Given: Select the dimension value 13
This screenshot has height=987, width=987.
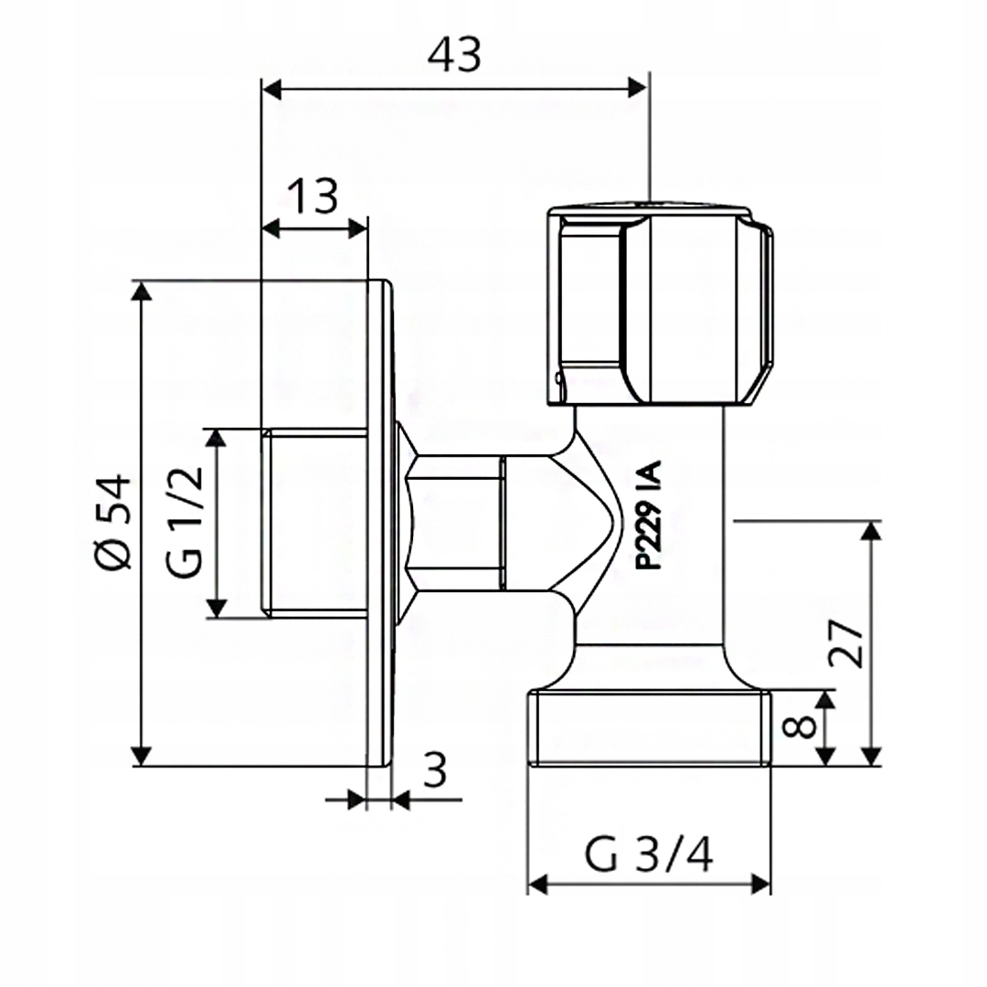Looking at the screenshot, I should [x=313, y=196].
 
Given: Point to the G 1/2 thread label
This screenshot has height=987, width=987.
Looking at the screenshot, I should [x=186, y=523].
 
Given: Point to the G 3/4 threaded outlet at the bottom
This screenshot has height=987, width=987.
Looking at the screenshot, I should [x=650, y=727].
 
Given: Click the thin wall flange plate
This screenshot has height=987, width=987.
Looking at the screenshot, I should [x=379, y=523].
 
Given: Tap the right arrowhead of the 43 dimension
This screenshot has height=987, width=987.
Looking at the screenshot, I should [x=637, y=88].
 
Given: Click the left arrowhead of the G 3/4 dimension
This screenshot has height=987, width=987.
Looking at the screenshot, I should [x=538, y=884].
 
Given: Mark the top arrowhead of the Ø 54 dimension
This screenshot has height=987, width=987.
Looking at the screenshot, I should [x=141, y=292].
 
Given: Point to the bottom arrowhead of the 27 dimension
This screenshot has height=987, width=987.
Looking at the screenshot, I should [x=872, y=755].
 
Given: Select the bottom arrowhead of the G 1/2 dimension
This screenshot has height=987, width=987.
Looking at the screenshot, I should [x=217, y=607].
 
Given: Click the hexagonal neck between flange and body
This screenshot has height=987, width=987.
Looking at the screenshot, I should [x=454, y=523].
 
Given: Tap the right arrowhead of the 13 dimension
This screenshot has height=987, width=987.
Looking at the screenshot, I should [x=357, y=227].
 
